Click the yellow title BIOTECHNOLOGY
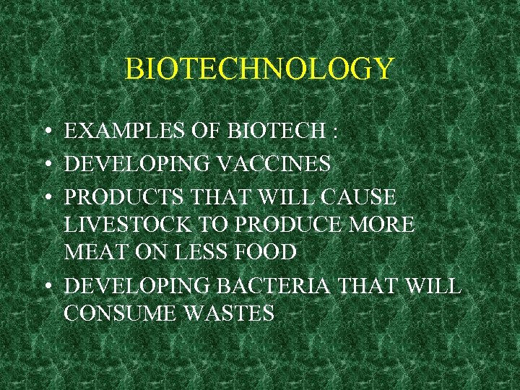click(x=259, y=69)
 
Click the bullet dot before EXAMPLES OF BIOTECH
click(x=45, y=133)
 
